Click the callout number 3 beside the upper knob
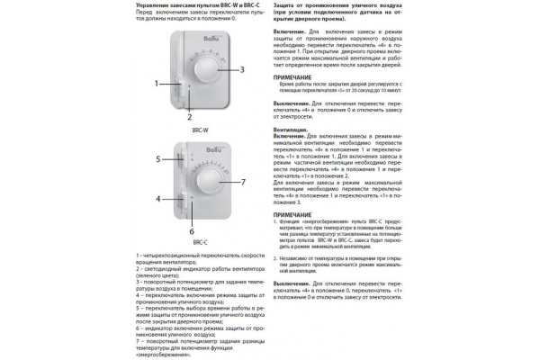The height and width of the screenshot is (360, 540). coord(242,68)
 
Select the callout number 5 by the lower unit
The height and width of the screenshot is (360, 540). coord(157,158)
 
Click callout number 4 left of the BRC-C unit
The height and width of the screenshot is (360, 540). coord(157,198)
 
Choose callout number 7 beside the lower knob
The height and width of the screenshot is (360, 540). coord(242,182)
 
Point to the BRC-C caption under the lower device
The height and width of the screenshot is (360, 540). coord(200,242)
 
